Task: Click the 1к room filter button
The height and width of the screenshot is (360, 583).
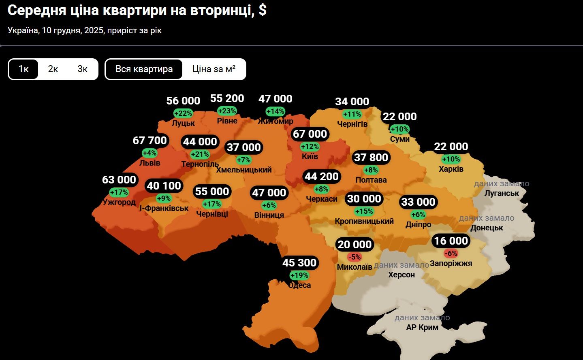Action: click(23, 69)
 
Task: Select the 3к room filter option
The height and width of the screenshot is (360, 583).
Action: click(82, 69)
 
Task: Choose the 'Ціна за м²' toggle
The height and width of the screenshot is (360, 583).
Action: click(214, 69)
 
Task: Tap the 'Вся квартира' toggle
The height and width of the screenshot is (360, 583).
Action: click(144, 69)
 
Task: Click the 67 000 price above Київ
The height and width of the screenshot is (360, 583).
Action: click(310, 134)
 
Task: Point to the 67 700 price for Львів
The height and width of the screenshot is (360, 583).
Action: click(149, 141)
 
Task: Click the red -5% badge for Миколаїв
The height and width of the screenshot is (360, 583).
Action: click(354, 257)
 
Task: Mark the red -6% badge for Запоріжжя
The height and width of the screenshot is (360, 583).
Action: click(451, 253)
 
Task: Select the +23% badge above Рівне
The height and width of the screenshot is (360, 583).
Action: click(227, 111)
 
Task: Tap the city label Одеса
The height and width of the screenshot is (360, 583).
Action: click(299, 285)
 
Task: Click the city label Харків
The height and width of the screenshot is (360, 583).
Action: click(451, 169)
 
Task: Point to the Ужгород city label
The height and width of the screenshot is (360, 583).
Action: click(119, 202)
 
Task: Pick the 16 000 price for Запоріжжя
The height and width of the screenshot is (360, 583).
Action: click(451, 241)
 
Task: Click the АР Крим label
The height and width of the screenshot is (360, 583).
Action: click(422, 327)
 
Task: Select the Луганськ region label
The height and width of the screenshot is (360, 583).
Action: click(502, 193)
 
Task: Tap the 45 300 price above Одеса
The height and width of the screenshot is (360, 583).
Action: click(299, 263)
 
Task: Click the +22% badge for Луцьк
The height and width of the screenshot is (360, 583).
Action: click(183, 113)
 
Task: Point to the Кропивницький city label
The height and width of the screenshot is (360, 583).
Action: click(364, 221)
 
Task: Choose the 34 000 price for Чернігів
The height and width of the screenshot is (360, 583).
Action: click(352, 102)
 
